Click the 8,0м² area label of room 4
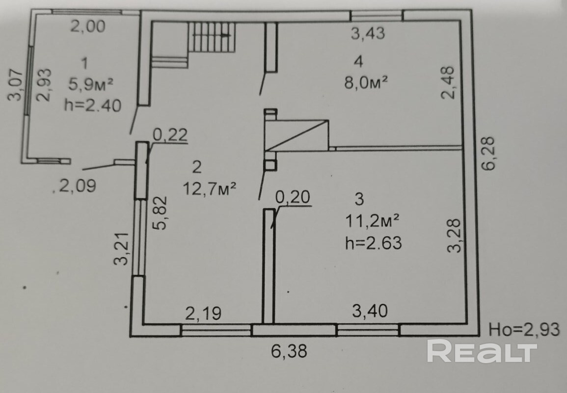[366, 82]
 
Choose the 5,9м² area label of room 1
[91, 84]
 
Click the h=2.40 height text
[93, 105]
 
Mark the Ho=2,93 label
[524, 330]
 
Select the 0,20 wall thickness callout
[293, 197]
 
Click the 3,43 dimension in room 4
[368, 33]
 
